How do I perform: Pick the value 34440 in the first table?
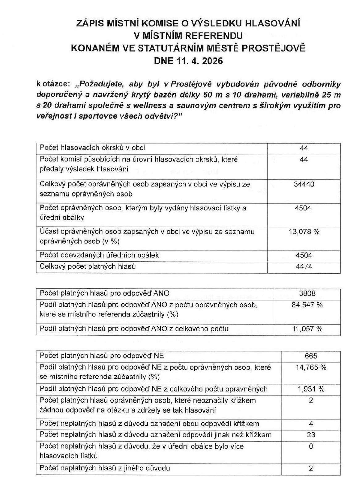pyautogui.click(x=304, y=185)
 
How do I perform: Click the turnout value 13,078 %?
pyautogui.click(x=304, y=232)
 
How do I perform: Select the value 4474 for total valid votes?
pyautogui.click(x=304, y=266)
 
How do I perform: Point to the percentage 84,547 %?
pyautogui.click(x=307, y=305)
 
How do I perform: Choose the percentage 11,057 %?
pyautogui.click(x=307, y=329)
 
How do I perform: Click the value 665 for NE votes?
pyautogui.click(x=311, y=356)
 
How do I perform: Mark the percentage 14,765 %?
pyautogui.click(x=311, y=367)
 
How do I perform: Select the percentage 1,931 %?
pyautogui.click(x=311, y=389)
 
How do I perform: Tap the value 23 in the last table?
pyautogui.click(x=311, y=435)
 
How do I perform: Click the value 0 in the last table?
pyautogui.click(x=311, y=446)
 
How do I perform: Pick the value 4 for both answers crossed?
pyautogui.click(x=311, y=423)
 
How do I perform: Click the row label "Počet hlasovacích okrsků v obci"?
pyautogui.click(x=92, y=148)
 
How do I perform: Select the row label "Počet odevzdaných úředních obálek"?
pyautogui.click(x=99, y=255)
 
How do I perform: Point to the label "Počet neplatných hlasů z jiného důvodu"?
pyautogui.click(x=105, y=468)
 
